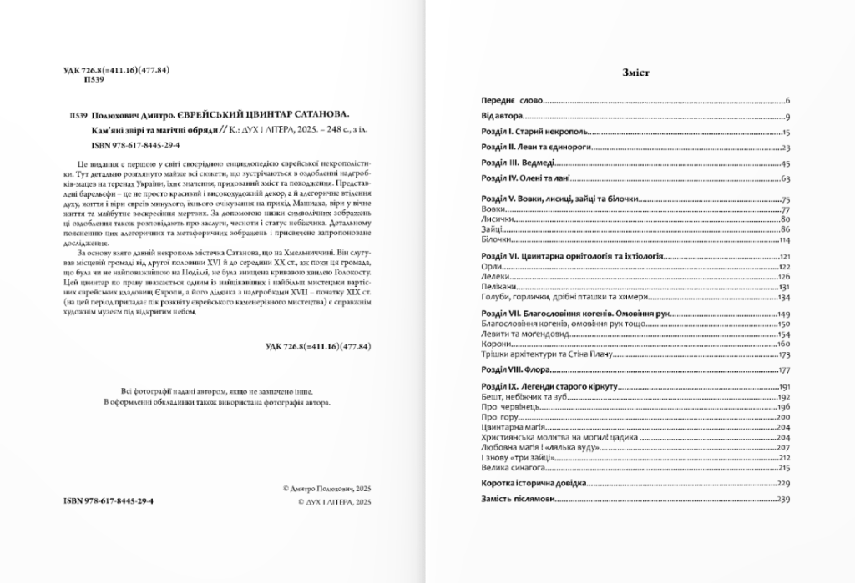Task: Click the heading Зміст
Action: pos(636,73)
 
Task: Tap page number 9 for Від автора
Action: pos(787,117)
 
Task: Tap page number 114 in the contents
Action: pos(783,239)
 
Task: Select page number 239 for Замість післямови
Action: pos(783,499)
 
